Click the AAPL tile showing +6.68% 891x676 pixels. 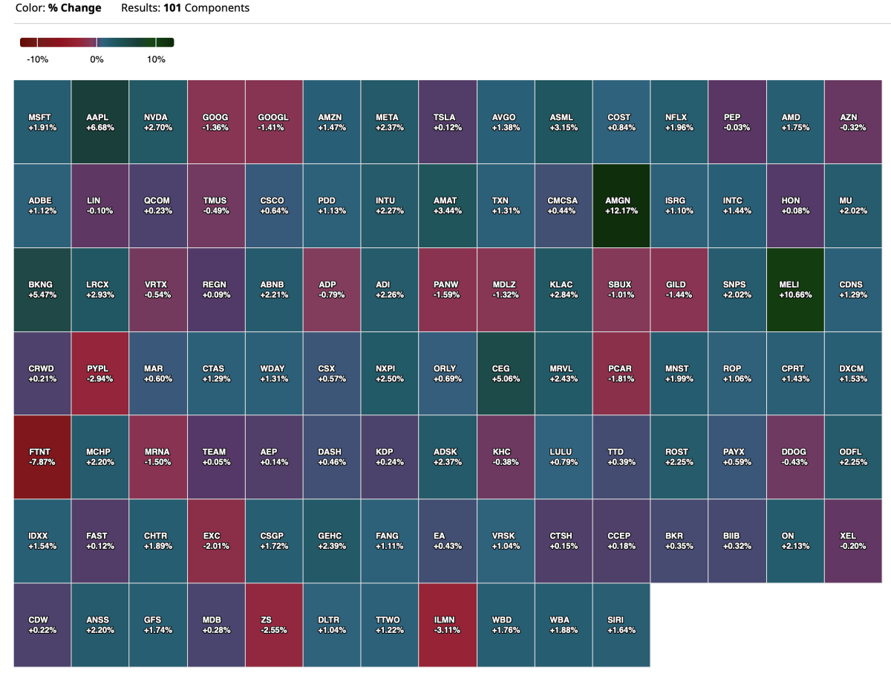(x=100, y=122)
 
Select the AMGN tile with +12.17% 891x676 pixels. (x=621, y=205)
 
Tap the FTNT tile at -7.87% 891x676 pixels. (x=42, y=457)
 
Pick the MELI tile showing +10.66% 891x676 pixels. (x=795, y=289)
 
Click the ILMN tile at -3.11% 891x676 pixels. (x=448, y=625)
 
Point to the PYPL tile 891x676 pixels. (x=100, y=373)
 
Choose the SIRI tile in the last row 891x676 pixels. (x=621, y=625)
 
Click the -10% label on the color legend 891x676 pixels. (x=37, y=59)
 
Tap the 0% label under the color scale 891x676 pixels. (x=97, y=59)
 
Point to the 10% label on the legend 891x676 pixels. (x=156, y=59)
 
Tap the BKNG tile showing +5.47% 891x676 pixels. (x=42, y=289)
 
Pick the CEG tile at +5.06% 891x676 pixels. (x=506, y=373)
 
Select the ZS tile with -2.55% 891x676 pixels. (x=274, y=625)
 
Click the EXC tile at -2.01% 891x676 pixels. (x=216, y=541)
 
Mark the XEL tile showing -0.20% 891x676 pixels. (x=853, y=541)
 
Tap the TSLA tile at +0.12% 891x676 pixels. (x=448, y=122)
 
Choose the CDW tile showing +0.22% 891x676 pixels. (x=42, y=625)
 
